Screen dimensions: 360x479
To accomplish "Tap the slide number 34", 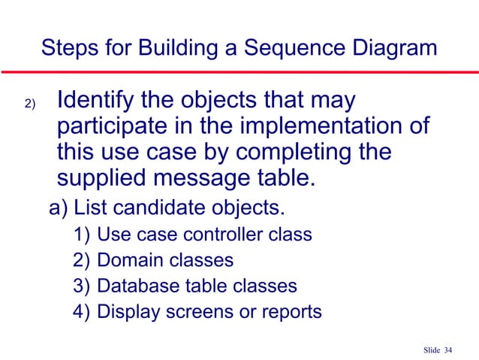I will click(449, 349).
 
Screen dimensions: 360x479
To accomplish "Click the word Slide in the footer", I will click(431, 349).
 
